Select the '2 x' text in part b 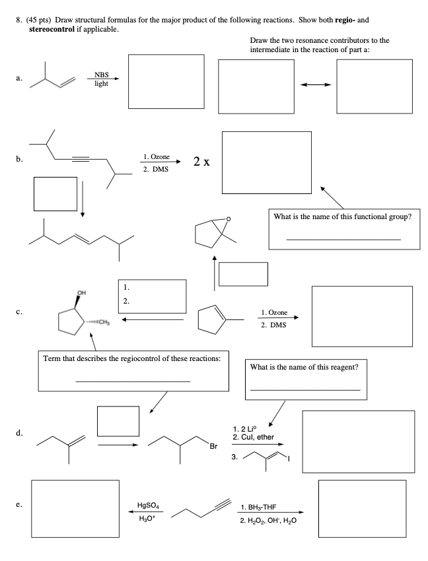[x=202, y=162]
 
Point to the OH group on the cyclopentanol [x=81, y=292]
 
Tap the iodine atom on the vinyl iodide [x=288, y=458]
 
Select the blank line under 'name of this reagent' [x=306, y=390]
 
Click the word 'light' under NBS [x=100, y=84]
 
